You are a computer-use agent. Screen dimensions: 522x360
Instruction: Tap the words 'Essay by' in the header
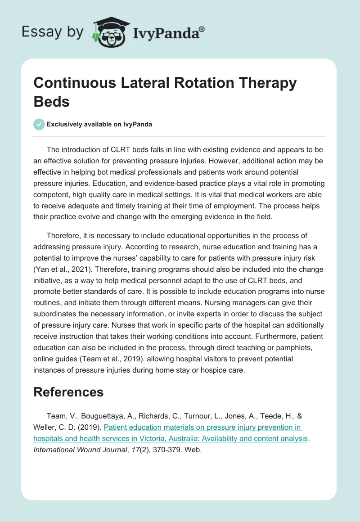point(52,32)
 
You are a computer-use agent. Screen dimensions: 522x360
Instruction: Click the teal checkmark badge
point(39,124)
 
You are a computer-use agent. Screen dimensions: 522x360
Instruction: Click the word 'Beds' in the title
point(51,101)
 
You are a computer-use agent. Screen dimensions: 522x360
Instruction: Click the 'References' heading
point(68,392)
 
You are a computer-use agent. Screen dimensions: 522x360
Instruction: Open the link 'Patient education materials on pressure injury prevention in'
point(203,427)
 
